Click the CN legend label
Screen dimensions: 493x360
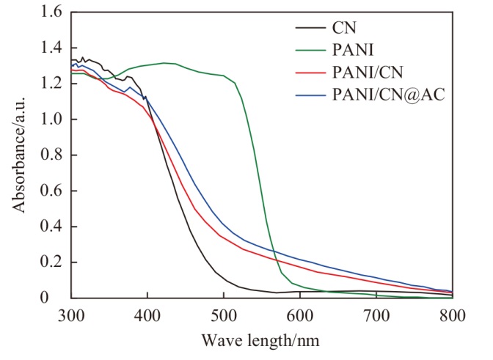[x=344, y=28]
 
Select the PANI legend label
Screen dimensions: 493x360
[x=353, y=50]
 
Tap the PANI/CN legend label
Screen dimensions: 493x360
[x=368, y=73]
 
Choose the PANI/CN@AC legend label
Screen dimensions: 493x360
[x=389, y=95]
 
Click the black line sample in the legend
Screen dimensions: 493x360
[x=310, y=28]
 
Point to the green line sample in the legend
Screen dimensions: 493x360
[x=310, y=51]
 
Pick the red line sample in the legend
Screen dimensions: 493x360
[x=310, y=73]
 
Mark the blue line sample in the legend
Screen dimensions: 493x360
[x=310, y=95]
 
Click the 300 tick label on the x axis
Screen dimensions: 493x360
[x=71, y=315]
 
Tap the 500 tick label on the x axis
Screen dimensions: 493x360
[x=224, y=315]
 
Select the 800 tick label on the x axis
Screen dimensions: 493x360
[x=452, y=315]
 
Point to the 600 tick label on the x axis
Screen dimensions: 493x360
[x=300, y=315]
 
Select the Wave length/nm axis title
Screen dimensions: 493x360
[x=260, y=340]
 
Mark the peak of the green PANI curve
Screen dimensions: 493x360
[x=164, y=63]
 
